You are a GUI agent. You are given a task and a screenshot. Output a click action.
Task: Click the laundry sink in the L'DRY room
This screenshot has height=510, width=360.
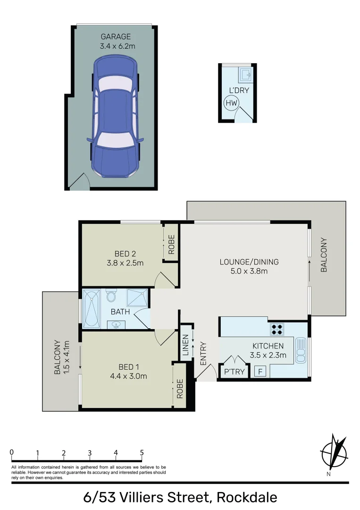click(x=246, y=74)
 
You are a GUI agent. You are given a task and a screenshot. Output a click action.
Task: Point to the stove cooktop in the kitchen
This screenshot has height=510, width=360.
click(x=276, y=328)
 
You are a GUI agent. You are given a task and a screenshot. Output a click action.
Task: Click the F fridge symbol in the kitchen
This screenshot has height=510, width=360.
click(x=260, y=371)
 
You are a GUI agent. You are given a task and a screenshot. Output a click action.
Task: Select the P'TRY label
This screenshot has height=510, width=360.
click(x=234, y=372)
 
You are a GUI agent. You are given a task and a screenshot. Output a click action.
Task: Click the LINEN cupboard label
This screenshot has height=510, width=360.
click(x=186, y=345)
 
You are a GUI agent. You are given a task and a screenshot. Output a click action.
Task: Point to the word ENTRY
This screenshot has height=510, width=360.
click(x=203, y=353)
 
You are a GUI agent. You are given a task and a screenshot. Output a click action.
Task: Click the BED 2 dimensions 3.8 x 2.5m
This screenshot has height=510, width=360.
click(x=125, y=263)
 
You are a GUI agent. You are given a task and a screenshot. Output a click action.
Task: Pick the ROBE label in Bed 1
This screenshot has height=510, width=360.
click(x=179, y=389)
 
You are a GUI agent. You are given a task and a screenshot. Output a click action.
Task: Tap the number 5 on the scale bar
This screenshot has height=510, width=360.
click(x=142, y=453)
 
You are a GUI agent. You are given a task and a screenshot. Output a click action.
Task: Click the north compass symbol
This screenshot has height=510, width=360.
click(x=335, y=452)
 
